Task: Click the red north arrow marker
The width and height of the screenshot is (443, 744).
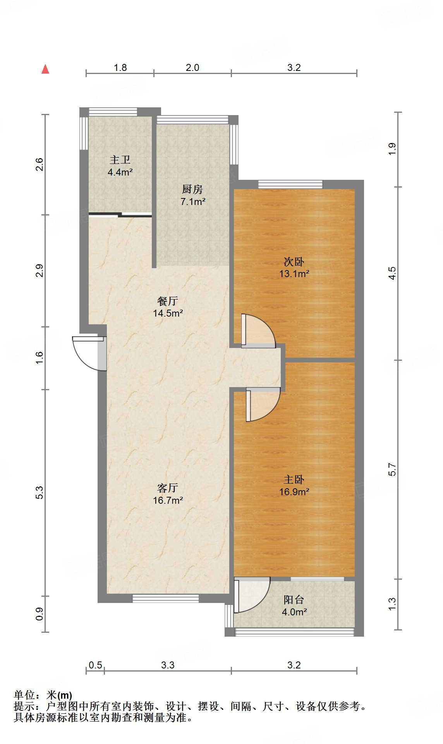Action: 45,69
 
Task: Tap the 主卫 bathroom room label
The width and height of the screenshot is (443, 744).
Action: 120,160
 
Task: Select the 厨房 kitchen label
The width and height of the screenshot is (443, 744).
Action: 192,189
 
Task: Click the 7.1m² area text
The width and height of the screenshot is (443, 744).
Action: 193,201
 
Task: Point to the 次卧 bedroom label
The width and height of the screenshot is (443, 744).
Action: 294,262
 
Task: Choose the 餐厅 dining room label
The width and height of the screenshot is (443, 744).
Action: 168,301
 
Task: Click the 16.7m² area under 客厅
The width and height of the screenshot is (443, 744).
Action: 168,500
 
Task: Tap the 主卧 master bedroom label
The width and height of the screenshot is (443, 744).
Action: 294,480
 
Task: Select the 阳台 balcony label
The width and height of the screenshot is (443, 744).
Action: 294,600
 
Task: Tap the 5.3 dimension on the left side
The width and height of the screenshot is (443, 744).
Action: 39,493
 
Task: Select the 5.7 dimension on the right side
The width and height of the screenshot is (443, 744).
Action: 392,469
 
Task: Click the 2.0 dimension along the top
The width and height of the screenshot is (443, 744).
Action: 192,67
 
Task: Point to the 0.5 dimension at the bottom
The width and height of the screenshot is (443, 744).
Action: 95,665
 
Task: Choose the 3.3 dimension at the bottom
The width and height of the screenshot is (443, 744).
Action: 168,665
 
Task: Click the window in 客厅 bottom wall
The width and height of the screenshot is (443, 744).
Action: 166,598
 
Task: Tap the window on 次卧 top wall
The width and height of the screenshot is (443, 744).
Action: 290,184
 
